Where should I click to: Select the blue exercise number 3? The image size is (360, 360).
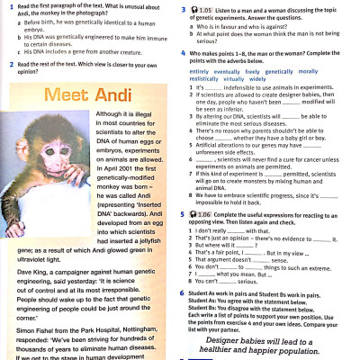183,7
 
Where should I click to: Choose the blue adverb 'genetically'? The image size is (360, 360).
280,70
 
